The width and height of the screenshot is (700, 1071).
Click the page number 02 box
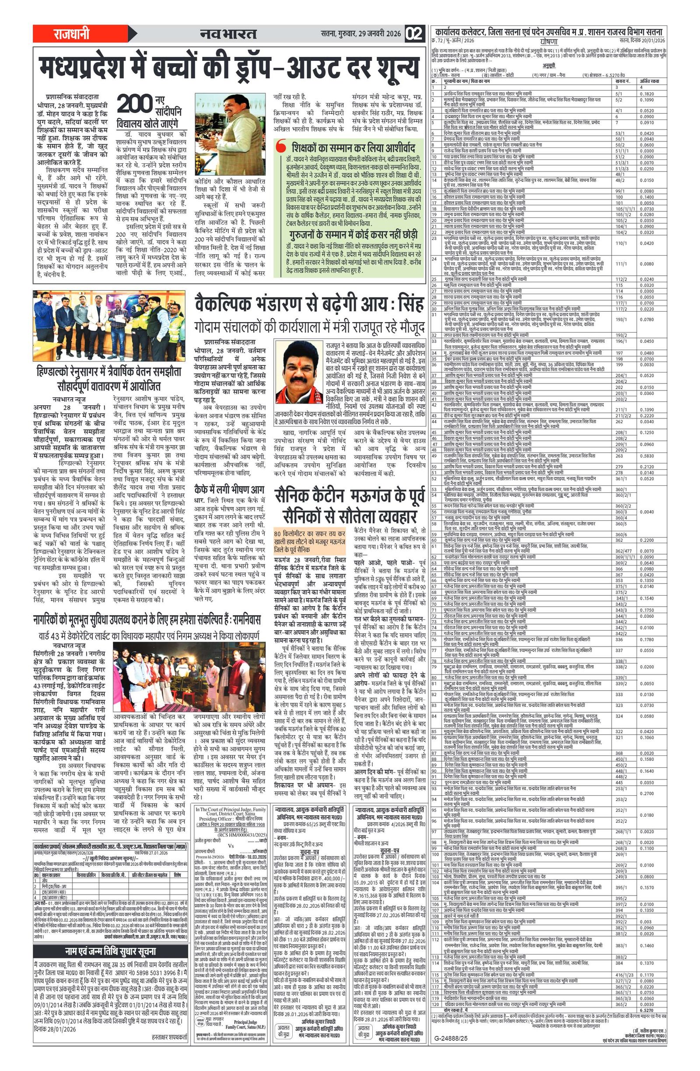pyautogui.click(x=414, y=34)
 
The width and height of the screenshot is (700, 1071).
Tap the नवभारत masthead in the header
pyautogui.click(x=228, y=34)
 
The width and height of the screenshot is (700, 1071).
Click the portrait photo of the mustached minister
pyautogui.click(x=299, y=372)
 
